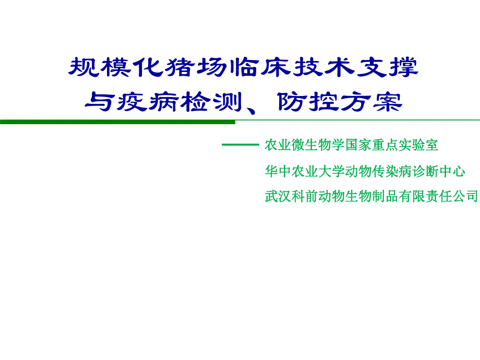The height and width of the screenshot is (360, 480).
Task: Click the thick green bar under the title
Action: point(117,122)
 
